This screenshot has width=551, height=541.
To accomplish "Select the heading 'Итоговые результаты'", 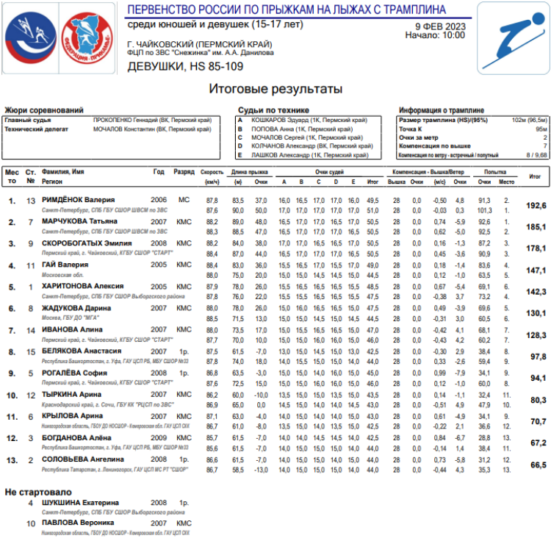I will pyautogui.click(x=275, y=90).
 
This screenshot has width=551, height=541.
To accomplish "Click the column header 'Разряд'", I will pyautogui.click(x=184, y=171).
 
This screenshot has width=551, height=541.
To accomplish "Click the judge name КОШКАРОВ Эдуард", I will pyautogui.click(x=278, y=119).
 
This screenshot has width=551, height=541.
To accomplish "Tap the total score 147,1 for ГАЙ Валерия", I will pyautogui.click(x=536, y=270).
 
